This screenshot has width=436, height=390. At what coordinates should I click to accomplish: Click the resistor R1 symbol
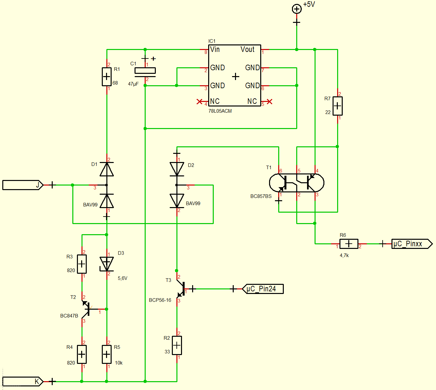coord(106,77)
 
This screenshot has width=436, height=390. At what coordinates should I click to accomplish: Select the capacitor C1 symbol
coord(145,72)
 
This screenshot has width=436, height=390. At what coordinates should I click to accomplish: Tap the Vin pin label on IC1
coord(215,49)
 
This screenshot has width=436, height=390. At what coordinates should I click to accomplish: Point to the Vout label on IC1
coord(247,49)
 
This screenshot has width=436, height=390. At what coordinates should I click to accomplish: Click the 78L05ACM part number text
coord(220,111)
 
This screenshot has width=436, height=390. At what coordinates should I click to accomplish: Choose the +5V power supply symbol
coord(297,9)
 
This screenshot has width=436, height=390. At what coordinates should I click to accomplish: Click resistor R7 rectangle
coord(337,106)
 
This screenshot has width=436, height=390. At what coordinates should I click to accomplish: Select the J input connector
coord(23,185)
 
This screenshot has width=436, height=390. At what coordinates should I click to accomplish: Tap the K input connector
coord(23,382)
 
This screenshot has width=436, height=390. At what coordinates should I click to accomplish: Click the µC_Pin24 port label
coord(263,289)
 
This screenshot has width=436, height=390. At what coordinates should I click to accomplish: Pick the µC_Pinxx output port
coord(412,244)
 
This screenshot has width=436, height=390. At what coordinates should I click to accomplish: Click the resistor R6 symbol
coord(349,244)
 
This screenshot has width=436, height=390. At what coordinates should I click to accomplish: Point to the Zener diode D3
coord(106,264)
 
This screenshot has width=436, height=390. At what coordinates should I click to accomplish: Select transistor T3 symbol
coord(181,289)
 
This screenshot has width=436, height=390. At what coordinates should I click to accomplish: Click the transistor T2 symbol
coord(86,309)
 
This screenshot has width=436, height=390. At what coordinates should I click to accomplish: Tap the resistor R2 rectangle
coord(177,345)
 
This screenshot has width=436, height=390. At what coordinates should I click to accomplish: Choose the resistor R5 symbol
coord(106,354)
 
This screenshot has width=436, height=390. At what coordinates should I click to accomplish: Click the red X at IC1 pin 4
coord(199,101)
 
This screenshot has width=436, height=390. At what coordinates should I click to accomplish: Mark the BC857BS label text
coord(261,196)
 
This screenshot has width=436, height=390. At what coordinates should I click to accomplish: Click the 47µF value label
coord(133,84)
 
